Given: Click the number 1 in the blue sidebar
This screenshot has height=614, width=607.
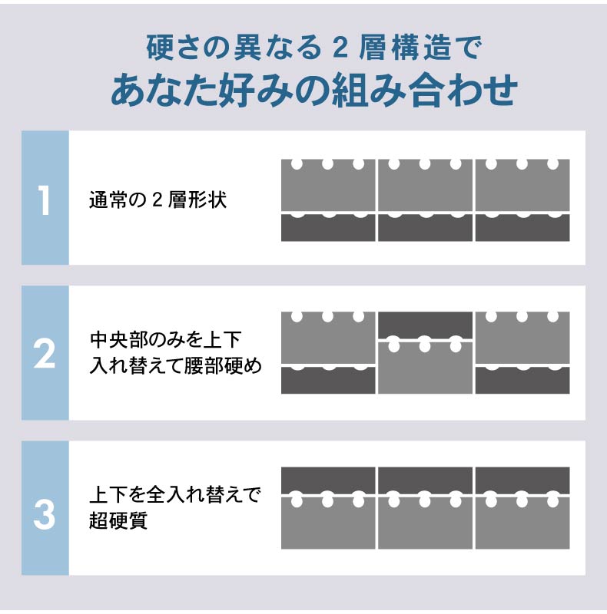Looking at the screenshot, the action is pos(45,200).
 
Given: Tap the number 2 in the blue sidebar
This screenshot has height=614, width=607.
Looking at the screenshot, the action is pos(45,355).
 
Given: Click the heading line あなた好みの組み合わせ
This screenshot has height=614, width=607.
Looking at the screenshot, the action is pos(314,91).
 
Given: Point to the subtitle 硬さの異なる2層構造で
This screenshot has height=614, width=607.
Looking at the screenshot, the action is pos(313,48).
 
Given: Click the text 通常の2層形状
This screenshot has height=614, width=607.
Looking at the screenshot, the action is pos(158,200).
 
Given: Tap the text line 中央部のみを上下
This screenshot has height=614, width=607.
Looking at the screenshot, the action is pos(165,340).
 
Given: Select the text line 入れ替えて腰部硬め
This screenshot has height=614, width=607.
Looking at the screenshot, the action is pos(175,366).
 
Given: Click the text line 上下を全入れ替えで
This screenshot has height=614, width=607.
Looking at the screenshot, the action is pos(175,494).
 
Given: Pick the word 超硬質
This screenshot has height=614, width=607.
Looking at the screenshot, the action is pos(118,520).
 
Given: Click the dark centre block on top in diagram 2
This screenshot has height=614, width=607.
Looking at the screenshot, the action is pos(425,325).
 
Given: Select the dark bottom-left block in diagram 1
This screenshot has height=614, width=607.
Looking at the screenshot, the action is pos(328,228).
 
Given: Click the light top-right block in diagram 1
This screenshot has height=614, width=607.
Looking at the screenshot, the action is pos(522,186).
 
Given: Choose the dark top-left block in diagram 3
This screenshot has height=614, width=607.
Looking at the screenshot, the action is pos(328,480).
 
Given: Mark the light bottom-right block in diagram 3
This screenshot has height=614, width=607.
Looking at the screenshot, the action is pos(522,523).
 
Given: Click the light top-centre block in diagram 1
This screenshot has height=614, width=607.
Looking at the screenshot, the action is pos(425,186).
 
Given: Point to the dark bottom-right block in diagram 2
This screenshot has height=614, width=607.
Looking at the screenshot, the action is pos(522,381).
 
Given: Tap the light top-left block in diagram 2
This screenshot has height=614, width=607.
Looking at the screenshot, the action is pos(328,338).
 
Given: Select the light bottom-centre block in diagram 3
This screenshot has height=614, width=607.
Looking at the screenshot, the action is pos(425,523).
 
